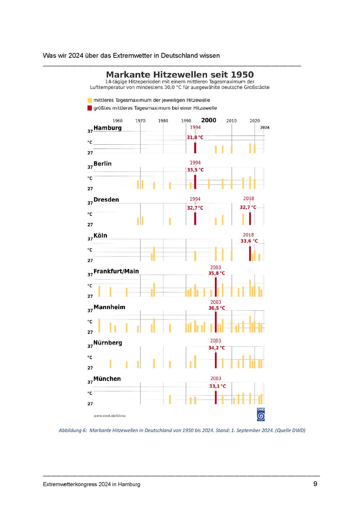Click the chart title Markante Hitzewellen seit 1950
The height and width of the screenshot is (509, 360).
[x=180, y=75]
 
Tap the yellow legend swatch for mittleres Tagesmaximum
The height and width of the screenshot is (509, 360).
[x=90, y=100]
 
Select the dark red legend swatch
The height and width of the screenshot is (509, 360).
[x=90, y=108]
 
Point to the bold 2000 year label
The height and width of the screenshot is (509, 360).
[x=208, y=120]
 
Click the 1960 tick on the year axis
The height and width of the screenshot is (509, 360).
[x=117, y=121]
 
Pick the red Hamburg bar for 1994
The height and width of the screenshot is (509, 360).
[x=195, y=148]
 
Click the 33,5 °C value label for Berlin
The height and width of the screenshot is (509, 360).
[x=195, y=170]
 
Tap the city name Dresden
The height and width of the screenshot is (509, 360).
[x=106, y=200]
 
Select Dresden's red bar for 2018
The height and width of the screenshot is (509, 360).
[x=250, y=218]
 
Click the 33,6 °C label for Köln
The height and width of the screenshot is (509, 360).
[x=249, y=241]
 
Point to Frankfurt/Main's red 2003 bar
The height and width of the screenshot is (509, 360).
[x=216, y=287]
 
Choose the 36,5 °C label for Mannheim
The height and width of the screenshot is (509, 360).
[x=216, y=308]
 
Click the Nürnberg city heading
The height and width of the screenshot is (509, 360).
[x=108, y=343]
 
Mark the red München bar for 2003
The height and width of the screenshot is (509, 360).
[x=216, y=397]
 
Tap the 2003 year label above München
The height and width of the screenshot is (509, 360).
[x=216, y=378]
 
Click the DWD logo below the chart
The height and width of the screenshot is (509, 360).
[x=261, y=414]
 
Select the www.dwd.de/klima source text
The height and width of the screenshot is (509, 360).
[x=109, y=416]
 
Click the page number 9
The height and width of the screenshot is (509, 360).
[x=315, y=484]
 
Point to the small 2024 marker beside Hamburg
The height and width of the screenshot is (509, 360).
[x=265, y=127]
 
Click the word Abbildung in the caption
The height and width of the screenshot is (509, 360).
[x=70, y=430]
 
